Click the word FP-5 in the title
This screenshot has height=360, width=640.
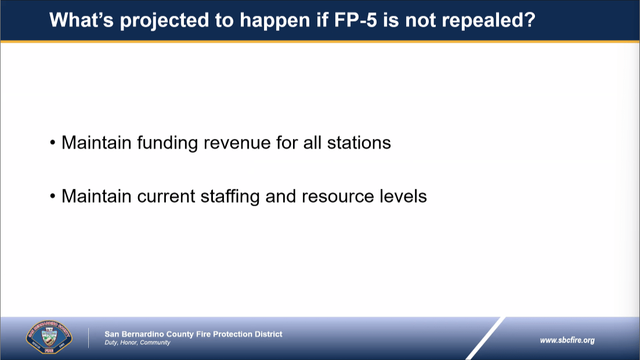(x=356, y=20)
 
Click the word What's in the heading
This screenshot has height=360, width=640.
(x=81, y=20)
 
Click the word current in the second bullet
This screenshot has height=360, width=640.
(x=166, y=197)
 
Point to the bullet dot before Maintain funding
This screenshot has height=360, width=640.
(x=53, y=143)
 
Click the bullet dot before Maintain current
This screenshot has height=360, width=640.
(x=53, y=196)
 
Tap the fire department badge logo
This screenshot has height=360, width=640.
(x=49, y=337)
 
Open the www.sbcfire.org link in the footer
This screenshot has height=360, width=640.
(x=567, y=340)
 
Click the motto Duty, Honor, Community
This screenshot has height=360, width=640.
(x=137, y=343)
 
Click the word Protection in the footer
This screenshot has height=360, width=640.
(x=233, y=334)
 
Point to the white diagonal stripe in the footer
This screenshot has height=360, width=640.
(x=485, y=339)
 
